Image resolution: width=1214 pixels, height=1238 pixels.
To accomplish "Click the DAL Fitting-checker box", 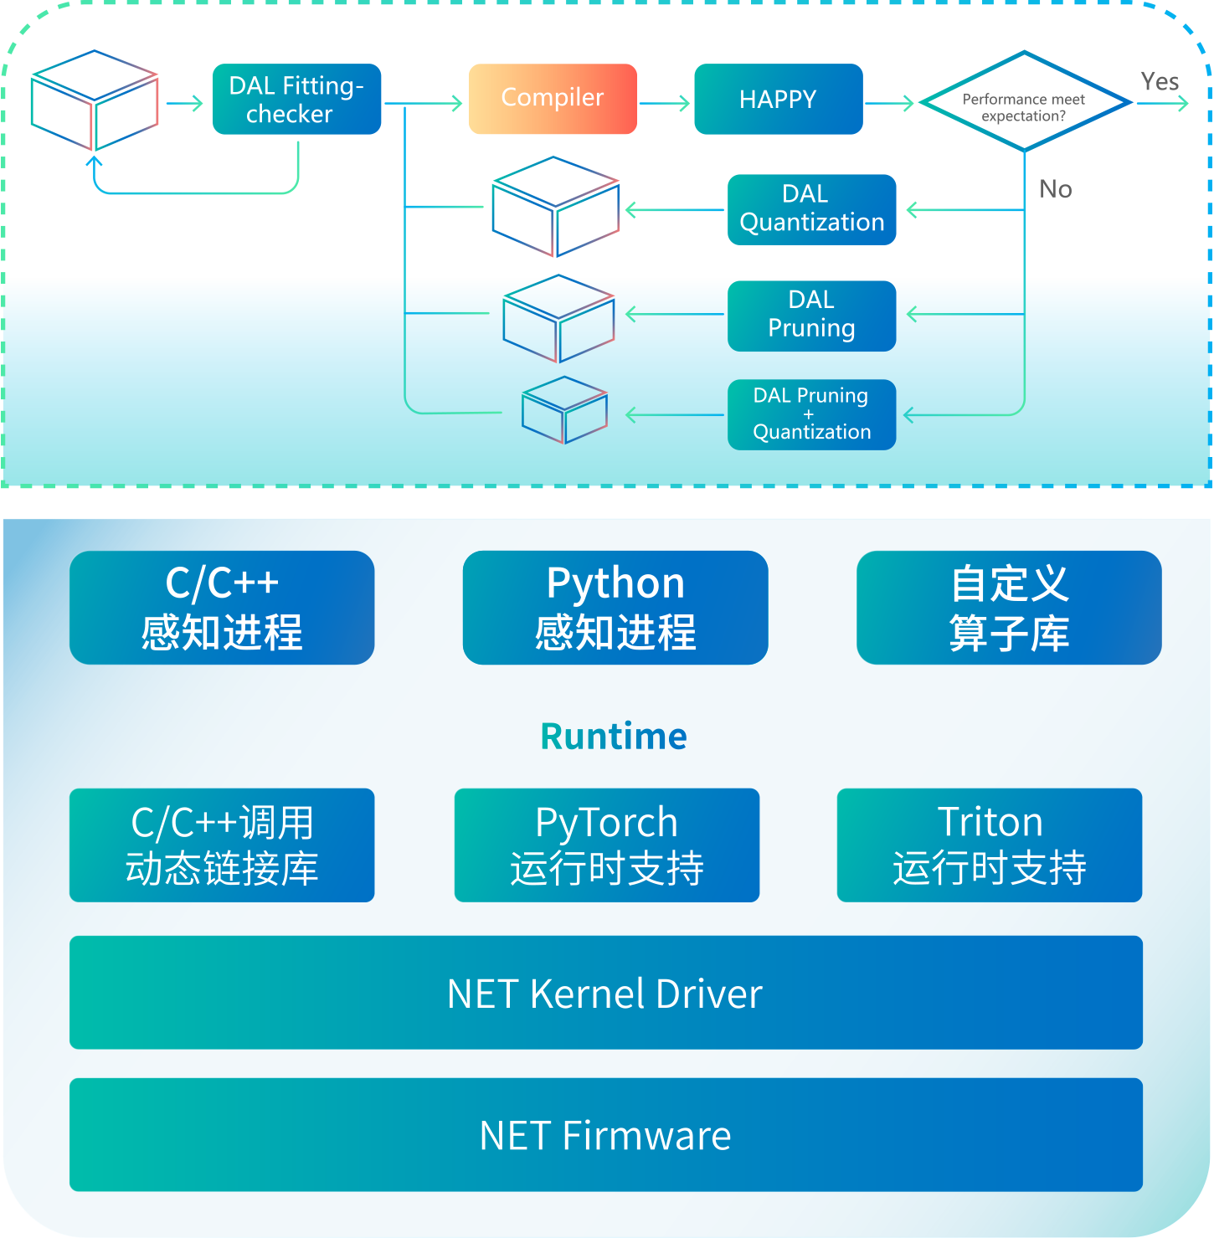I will tap(297, 99).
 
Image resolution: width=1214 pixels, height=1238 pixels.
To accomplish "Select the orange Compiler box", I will tap(553, 99).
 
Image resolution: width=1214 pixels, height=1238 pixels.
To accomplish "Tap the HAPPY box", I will tap(778, 99).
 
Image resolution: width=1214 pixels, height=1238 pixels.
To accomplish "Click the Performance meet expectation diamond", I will tap(1024, 102).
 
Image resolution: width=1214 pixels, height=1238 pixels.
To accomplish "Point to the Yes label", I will tap(1159, 81).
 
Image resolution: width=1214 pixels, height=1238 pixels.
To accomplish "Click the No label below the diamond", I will tap(1055, 189).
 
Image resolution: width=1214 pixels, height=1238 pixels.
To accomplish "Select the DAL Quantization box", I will tap(811, 209).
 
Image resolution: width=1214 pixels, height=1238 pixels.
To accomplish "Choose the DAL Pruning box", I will tap(811, 315).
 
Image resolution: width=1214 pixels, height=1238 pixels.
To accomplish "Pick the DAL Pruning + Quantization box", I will tap(811, 414).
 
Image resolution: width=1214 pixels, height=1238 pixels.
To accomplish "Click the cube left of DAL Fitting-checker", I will tap(95, 100).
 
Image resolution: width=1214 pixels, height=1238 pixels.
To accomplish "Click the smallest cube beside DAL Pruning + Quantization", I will tap(564, 410).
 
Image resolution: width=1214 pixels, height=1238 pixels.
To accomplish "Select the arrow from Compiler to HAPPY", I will tap(665, 103).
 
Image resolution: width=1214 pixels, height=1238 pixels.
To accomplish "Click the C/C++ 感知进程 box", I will tap(222, 608).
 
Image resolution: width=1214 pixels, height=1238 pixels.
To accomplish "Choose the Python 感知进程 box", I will tap(615, 608).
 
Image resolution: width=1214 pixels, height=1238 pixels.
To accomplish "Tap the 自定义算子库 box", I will tap(1008, 608).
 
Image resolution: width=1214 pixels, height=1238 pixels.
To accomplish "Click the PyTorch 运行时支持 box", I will tap(606, 845).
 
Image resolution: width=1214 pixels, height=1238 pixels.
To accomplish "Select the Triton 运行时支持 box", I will tap(989, 845).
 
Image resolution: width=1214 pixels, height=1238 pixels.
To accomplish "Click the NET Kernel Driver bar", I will tap(605, 993).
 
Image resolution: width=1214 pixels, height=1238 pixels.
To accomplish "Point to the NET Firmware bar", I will tap(605, 1135).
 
